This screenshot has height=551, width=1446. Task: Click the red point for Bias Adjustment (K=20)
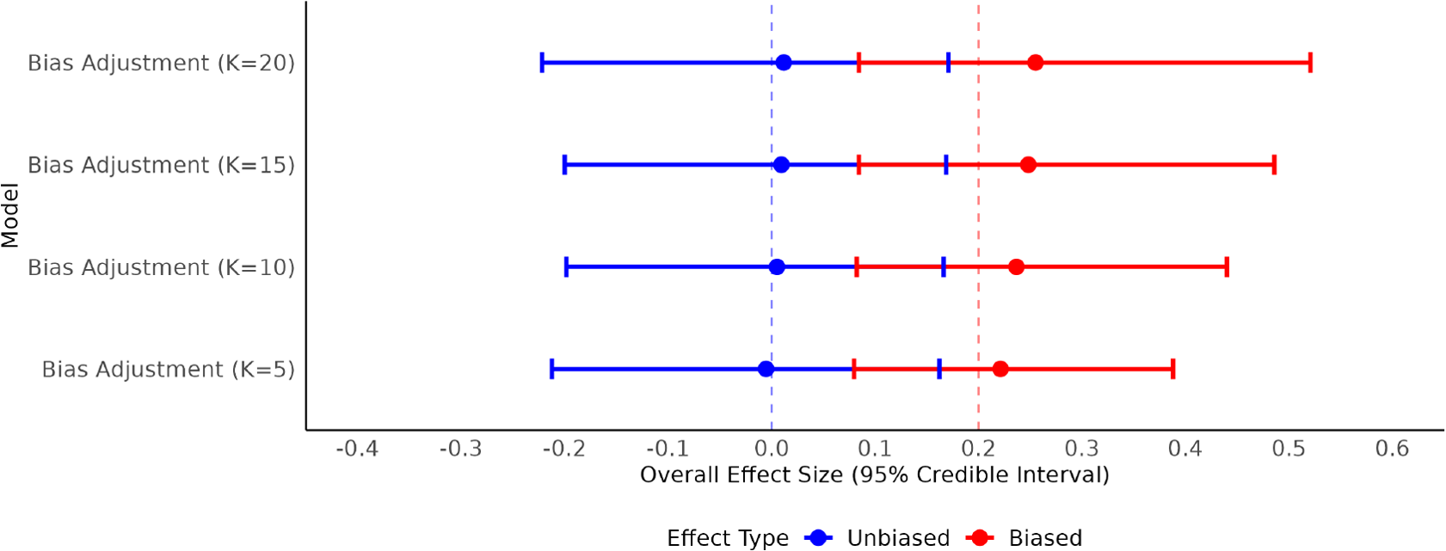(x=1035, y=63)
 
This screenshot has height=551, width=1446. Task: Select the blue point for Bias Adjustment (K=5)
(x=766, y=370)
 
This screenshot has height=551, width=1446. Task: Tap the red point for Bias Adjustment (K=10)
(x=1016, y=267)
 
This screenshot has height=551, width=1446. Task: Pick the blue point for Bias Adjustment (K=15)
(x=781, y=165)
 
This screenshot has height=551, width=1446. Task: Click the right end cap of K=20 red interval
(x=1310, y=63)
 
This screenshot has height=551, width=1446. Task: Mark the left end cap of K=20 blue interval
(x=542, y=63)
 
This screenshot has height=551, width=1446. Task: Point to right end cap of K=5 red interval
(x=1172, y=370)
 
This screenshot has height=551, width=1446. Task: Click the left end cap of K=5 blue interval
(x=551, y=370)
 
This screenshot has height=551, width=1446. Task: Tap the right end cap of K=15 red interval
(x=1274, y=165)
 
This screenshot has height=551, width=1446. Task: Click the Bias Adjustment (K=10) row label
(x=161, y=267)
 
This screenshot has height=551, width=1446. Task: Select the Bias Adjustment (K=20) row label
(x=161, y=63)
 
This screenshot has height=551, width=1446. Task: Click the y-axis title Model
(x=10, y=215)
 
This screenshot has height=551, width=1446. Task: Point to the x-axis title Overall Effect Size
(x=874, y=474)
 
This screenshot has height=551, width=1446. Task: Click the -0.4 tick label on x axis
(x=357, y=449)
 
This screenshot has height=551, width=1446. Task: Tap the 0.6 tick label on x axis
(x=1392, y=449)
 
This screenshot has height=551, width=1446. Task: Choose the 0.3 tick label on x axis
(x=1081, y=449)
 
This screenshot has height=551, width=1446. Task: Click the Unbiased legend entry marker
(x=818, y=538)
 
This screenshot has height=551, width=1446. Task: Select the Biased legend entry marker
(x=980, y=538)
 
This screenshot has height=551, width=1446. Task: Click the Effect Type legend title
(x=727, y=538)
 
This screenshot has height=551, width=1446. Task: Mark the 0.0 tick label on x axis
(x=771, y=449)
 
